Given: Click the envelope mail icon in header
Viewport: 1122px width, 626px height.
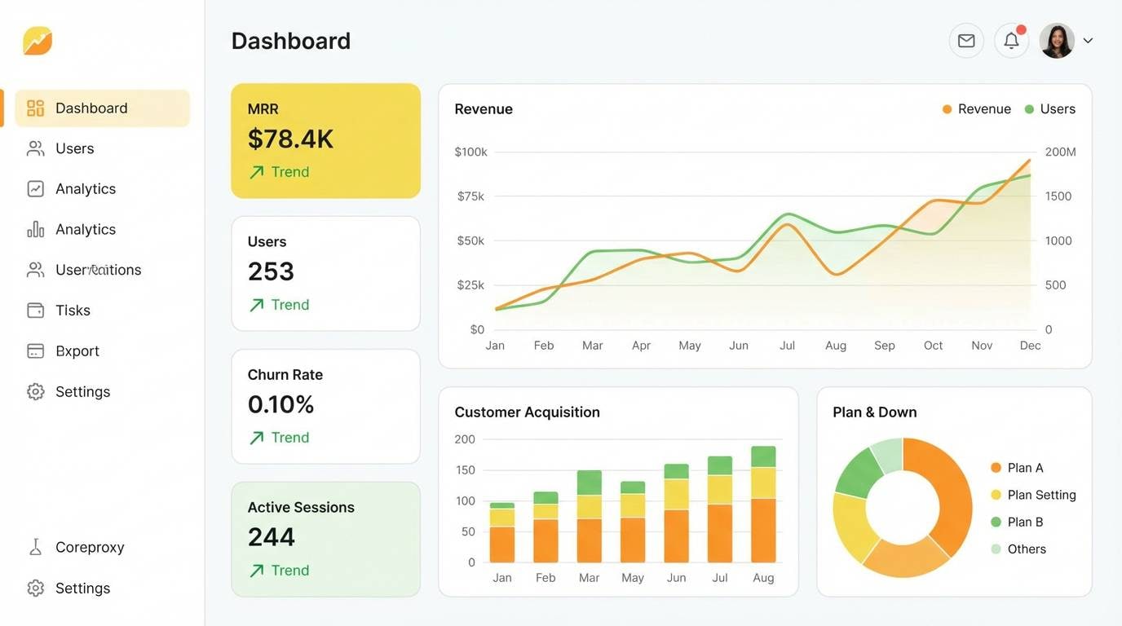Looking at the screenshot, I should click(x=966, y=41).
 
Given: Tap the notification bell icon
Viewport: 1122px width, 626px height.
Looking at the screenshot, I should click(x=1011, y=41).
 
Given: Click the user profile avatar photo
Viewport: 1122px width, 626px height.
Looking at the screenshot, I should click(x=1057, y=41).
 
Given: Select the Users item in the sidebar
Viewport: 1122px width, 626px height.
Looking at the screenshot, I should click(x=74, y=148).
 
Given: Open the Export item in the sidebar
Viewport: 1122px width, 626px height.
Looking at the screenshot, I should click(x=77, y=351).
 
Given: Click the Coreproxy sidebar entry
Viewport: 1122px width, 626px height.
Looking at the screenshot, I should click(x=89, y=548).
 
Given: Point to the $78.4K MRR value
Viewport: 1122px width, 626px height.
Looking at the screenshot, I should click(x=290, y=139).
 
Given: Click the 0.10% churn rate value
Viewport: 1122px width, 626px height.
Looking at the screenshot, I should click(x=280, y=404).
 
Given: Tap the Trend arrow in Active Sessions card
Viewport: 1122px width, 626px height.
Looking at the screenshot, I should click(x=257, y=571).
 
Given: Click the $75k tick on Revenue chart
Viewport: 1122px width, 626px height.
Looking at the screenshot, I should click(x=470, y=196).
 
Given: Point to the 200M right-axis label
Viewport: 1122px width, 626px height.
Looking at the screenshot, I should click(x=1060, y=152).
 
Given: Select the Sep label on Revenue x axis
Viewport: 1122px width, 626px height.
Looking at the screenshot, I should click(x=884, y=346).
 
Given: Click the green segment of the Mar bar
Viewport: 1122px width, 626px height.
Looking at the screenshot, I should click(x=589, y=482).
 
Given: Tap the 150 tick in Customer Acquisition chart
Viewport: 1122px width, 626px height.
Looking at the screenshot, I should click(x=465, y=470).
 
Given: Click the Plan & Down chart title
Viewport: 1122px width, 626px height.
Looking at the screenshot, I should click(x=874, y=412).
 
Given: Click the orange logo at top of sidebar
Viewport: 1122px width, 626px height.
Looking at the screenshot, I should click(x=38, y=41).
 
